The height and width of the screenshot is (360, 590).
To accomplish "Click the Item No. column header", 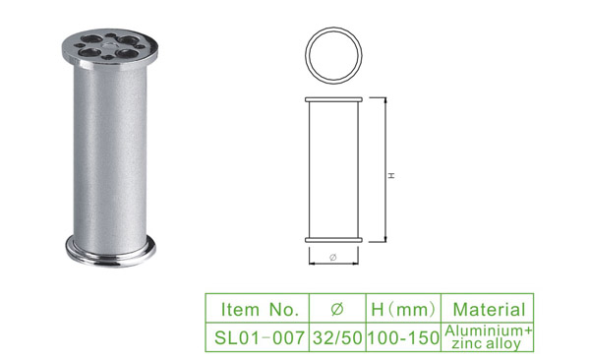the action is click(260, 310).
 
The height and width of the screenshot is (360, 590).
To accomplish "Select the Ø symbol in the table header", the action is click(337, 309).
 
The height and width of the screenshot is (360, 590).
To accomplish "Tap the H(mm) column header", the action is click(403, 310).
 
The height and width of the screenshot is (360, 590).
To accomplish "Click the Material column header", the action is click(489, 310).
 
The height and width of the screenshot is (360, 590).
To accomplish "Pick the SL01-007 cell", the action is click(259, 337).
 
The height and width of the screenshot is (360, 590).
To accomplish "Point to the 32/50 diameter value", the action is click(337, 337).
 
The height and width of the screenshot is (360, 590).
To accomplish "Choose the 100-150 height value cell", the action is click(403, 337).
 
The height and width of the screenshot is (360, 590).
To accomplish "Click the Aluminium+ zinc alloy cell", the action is click(489, 337).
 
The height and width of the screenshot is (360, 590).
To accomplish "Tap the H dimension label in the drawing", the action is click(392, 175).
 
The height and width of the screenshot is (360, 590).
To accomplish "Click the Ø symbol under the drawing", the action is click(333, 257).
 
